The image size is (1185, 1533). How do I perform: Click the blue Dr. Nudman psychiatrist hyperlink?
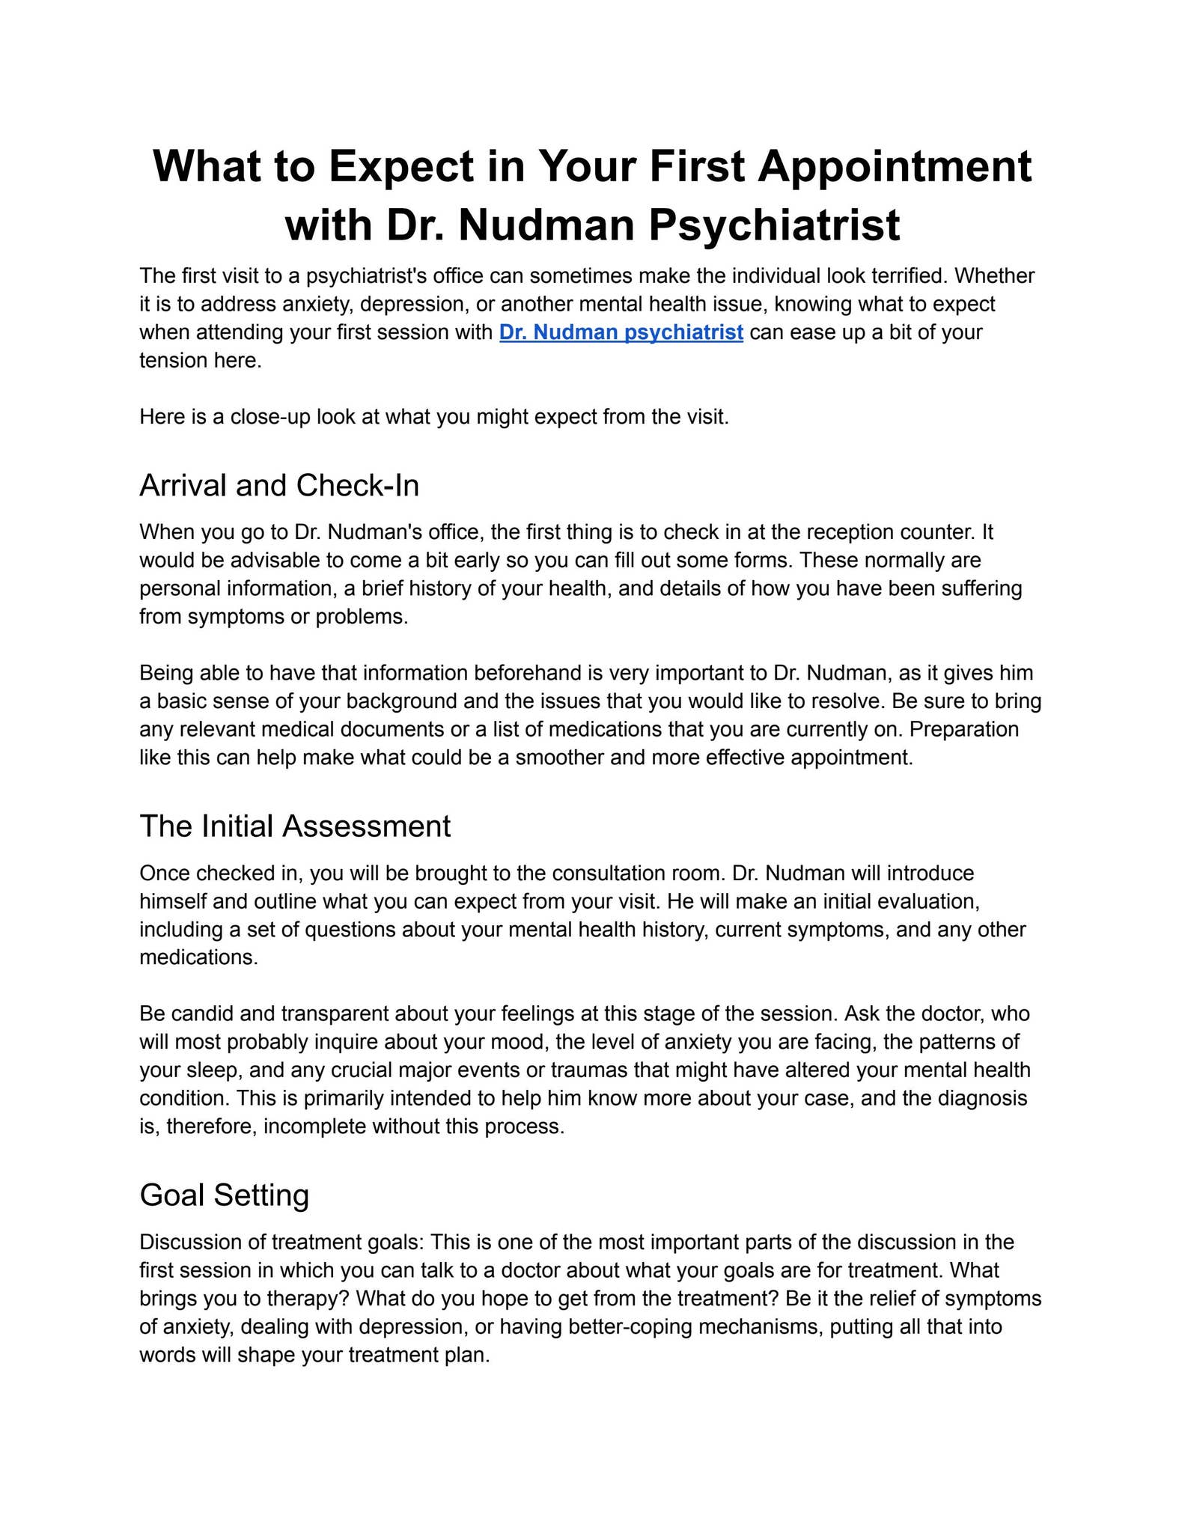pos(621,332)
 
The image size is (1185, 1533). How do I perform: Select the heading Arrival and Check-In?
pos(279,486)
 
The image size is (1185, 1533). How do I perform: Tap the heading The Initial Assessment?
pos(295,826)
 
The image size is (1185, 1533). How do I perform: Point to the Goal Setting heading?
pos(224,1195)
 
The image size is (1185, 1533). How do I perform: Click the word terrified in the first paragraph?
pos(902,276)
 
